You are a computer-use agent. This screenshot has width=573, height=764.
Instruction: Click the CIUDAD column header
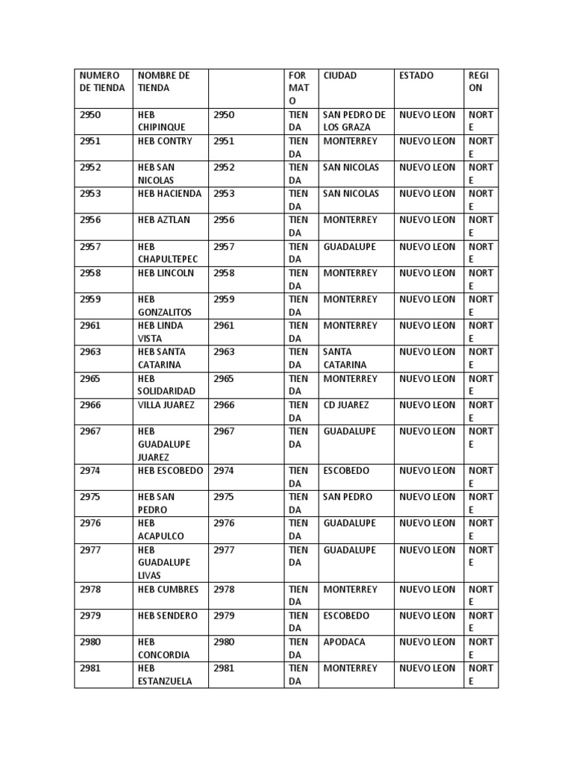pos(340,75)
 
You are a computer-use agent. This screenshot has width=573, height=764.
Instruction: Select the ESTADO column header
pos(416,75)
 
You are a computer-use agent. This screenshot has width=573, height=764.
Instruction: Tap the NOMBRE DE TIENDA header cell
pos(164,81)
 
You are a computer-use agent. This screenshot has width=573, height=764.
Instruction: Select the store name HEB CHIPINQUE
pos(160,121)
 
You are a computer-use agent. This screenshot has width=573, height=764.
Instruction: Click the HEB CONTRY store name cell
pos(165,141)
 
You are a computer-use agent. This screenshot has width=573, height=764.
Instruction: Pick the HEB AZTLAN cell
pos(164,220)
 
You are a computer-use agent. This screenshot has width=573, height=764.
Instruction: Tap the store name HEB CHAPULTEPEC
pos(168,253)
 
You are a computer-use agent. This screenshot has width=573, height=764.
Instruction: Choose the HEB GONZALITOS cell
pos(165,305)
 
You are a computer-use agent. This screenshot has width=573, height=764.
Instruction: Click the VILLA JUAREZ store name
pos(166,405)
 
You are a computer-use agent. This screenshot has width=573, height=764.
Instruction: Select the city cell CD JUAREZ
pos(346,405)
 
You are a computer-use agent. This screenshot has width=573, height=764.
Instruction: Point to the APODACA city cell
pos(345,642)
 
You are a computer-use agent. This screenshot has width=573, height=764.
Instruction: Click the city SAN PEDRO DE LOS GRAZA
pos(354,121)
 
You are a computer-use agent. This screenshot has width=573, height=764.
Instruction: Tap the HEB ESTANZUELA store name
pos(165,674)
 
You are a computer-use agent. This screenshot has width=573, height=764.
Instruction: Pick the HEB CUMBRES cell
pos(169,589)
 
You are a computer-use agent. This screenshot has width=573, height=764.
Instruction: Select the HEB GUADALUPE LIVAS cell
pos(164,563)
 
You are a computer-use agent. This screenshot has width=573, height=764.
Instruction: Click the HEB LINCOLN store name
pos(166,273)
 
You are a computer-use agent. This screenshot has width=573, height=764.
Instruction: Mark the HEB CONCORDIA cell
pos(164,648)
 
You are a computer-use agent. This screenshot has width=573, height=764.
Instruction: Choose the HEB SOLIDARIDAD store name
pos(166,384)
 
